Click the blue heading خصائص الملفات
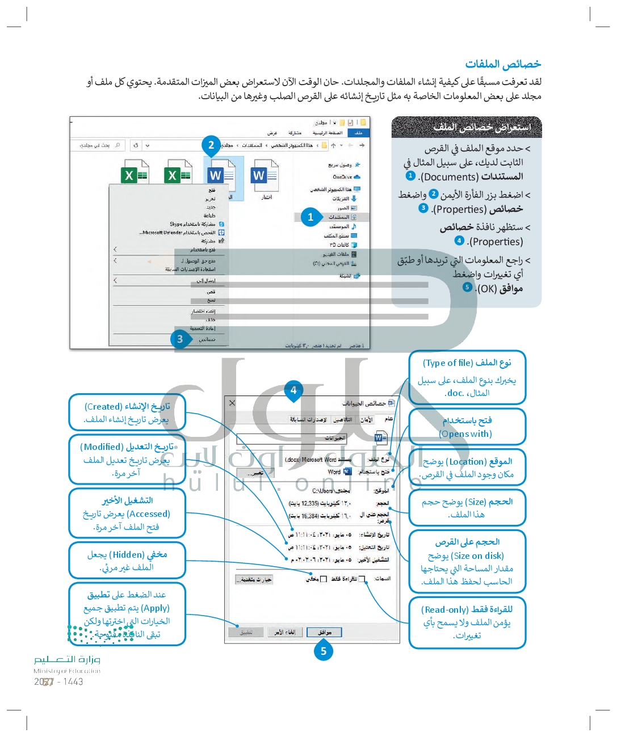[x=503, y=64]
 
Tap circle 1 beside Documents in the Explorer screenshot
[x=310, y=217]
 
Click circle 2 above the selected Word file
[x=211, y=145]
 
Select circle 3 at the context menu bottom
[x=180, y=339]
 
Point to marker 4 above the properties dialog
[x=293, y=390]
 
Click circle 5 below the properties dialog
[x=324, y=651]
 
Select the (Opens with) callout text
[x=465, y=434]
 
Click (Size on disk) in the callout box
[x=478, y=556]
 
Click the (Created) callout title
[x=103, y=407]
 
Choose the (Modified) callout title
[x=102, y=447]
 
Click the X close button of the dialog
[x=232, y=403]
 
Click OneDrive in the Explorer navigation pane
[x=342, y=177]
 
